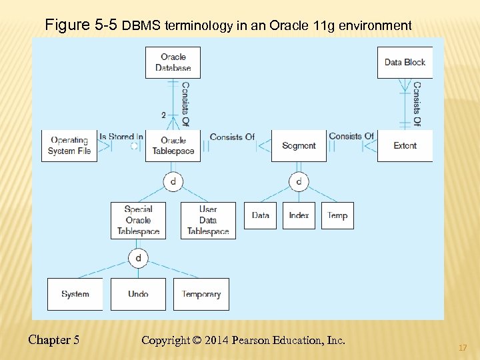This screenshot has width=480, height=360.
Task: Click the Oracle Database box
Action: tap(173, 62)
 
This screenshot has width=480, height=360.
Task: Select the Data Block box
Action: tap(405, 62)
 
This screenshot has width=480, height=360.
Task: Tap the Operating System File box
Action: tap(69, 145)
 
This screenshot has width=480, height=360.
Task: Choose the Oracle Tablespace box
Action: tap(173, 145)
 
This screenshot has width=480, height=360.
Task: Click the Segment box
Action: tap(299, 145)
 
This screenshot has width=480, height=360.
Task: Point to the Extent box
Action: tap(405, 145)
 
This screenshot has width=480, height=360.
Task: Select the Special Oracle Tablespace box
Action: tap(138, 220)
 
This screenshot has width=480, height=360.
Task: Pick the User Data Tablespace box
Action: tap(208, 220)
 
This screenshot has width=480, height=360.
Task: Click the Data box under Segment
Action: tap(260, 215)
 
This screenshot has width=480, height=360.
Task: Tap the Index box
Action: tap(299, 215)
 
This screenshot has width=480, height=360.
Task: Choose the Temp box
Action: tap(337, 215)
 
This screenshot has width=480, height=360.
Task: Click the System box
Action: tap(75, 294)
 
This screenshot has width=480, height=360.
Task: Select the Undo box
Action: tap(138, 294)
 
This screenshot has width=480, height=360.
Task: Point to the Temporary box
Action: tap(201, 294)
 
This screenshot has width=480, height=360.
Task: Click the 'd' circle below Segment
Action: tap(299, 181)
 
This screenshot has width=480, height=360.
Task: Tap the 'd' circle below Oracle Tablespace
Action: tap(173, 181)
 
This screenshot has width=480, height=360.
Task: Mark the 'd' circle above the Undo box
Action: tap(138, 258)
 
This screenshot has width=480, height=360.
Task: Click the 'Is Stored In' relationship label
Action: tap(121, 137)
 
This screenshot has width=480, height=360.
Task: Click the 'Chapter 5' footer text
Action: tap(54, 340)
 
